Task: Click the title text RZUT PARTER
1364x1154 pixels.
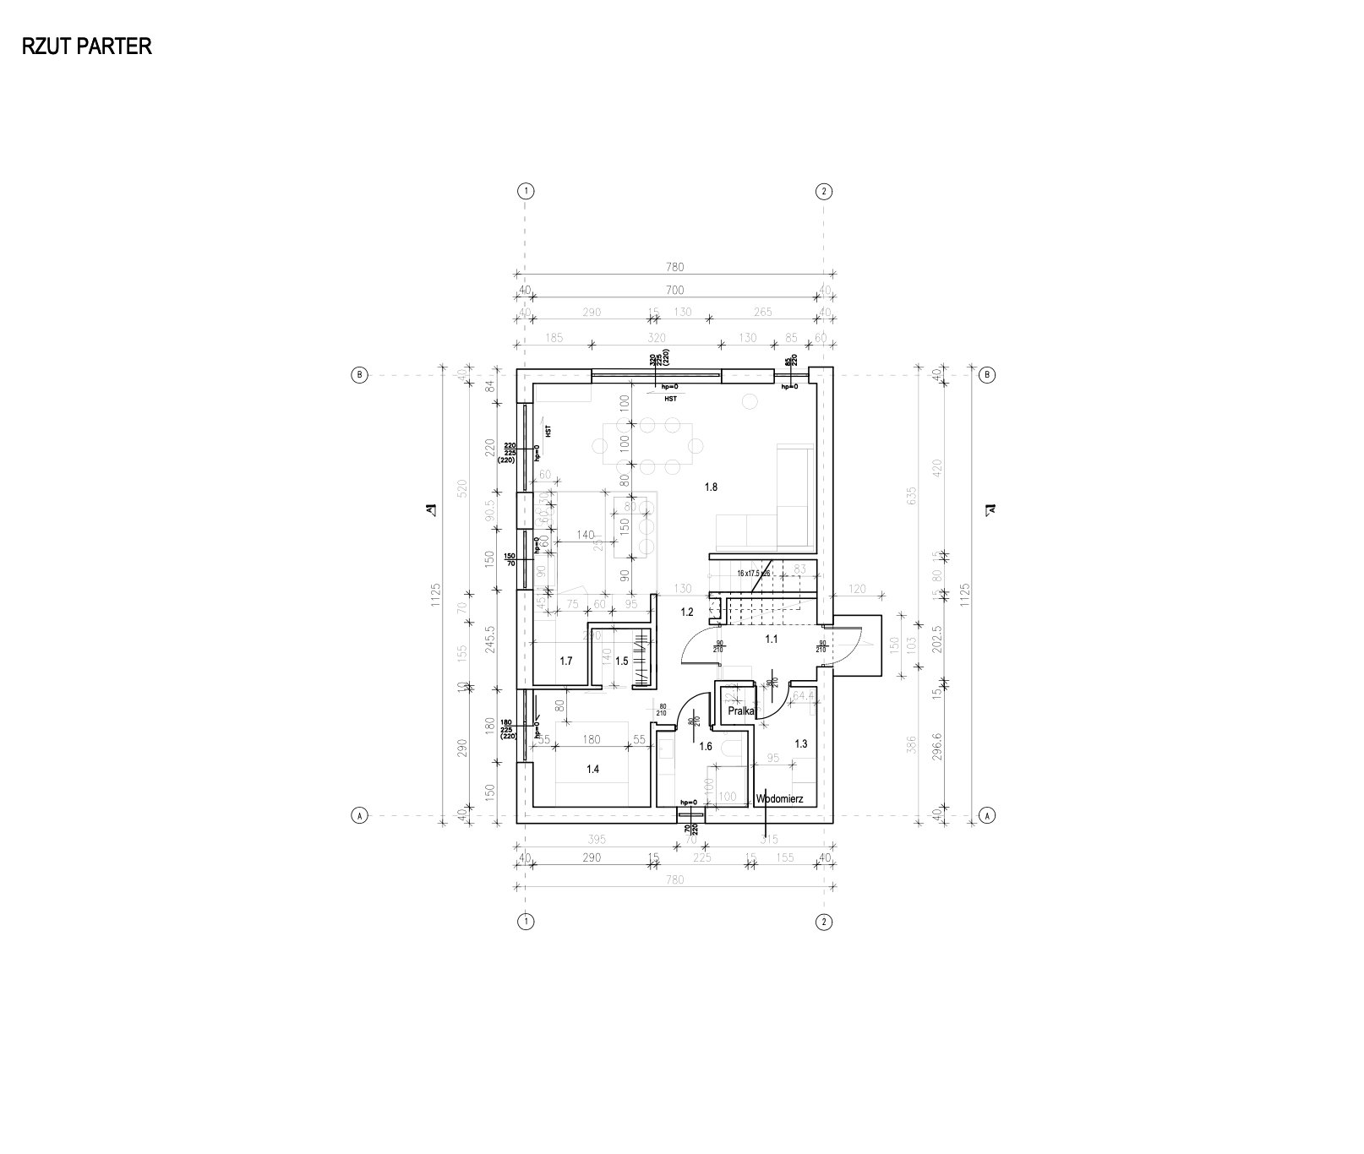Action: [x=87, y=46]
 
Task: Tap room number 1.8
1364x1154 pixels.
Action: [x=711, y=487]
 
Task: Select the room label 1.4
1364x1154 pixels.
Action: [x=592, y=769]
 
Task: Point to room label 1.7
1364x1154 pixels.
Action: [x=566, y=661]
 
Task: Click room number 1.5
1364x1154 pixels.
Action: [x=622, y=661]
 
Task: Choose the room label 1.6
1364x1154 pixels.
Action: [x=706, y=746]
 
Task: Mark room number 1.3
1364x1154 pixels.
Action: [x=801, y=743]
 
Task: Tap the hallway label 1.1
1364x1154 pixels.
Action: [x=772, y=640]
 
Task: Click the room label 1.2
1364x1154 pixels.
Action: [x=687, y=612]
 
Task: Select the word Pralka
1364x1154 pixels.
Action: [x=741, y=711]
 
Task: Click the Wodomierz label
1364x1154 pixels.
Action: [x=779, y=797]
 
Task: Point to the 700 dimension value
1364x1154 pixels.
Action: [x=674, y=290]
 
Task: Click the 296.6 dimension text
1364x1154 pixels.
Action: [x=936, y=747]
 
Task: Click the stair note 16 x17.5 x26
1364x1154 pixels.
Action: [x=754, y=574]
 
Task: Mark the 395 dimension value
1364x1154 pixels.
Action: [x=597, y=840]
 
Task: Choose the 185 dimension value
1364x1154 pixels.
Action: [x=554, y=338]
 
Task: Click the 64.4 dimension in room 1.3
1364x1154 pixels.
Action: [x=803, y=696]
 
